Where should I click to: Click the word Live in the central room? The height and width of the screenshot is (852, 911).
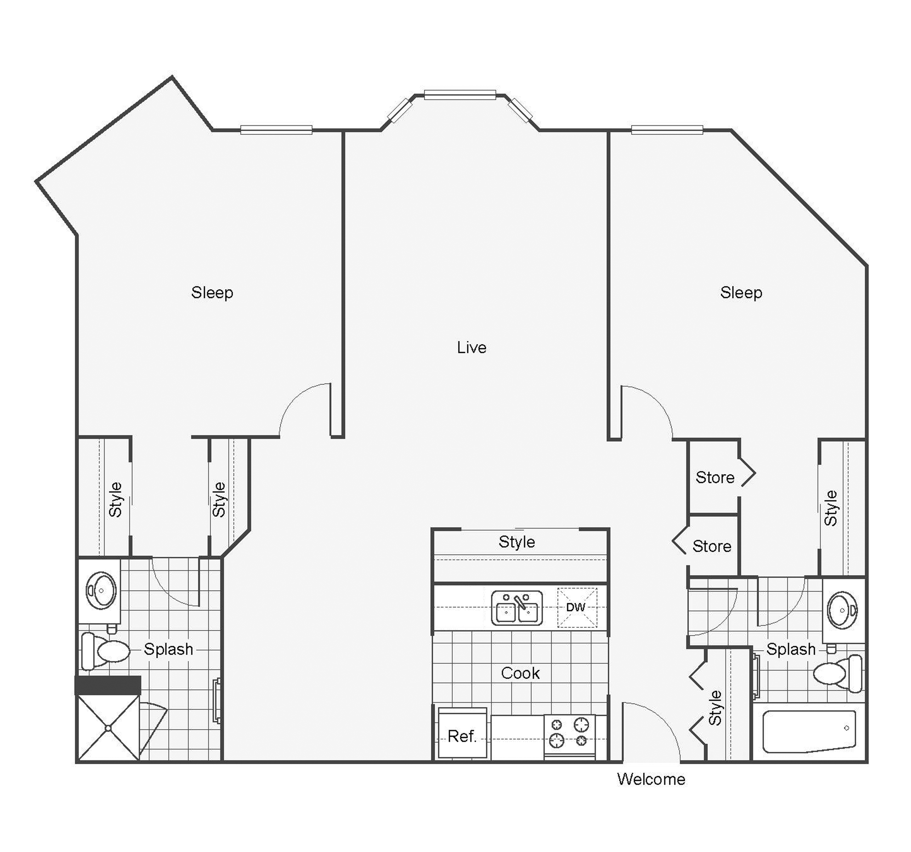pyautogui.click(x=472, y=348)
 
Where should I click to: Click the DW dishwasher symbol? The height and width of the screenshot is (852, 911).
pyautogui.click(x=576, y=607)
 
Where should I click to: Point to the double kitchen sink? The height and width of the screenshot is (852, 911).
pyautogui.click(x=517, y=608)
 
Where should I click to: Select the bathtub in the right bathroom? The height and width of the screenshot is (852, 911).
pyautogui.click(x=809, y=731)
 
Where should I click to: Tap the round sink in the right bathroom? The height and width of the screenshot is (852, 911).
pyautogui.click(x=843, y=610)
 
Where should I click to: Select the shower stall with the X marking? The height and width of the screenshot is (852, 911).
pyautogui.click(x=108, y=728)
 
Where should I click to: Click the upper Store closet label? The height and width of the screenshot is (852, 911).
pyautogui.click(x=715, y=477)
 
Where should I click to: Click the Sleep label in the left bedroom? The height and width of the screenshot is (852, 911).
pyautogui.click(x=212, y=292)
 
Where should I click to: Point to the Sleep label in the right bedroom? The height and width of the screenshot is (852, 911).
pyautogui.click(x=741, y=292)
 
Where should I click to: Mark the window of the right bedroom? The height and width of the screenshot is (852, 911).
pyautogui.click(x=667, y=130)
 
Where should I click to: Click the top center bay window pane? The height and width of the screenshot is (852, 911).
pyautogui.click(x=460, y=95)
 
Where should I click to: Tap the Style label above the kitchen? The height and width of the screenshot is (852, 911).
pyautogui.click(x=517, y=542)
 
